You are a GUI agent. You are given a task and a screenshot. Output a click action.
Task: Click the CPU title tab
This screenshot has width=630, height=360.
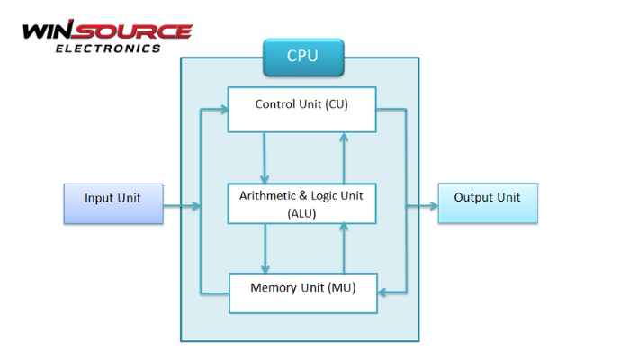pos(302,57)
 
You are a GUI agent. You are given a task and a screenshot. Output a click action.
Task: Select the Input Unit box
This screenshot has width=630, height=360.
pos(112,203)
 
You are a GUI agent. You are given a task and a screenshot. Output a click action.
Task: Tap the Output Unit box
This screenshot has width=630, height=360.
pos(487,202)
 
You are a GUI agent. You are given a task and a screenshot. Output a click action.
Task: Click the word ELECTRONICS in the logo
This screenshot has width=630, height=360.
pos(109,48)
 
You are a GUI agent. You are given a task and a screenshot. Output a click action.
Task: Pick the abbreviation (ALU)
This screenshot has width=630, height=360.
pos(301,213)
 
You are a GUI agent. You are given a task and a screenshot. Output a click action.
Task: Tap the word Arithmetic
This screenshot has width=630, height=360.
pos(267,195)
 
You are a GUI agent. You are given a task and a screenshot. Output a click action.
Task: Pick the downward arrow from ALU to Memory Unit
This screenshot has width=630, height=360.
pos(265,248)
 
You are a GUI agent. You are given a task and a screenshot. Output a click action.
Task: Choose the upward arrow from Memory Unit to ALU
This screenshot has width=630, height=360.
pos(343,248)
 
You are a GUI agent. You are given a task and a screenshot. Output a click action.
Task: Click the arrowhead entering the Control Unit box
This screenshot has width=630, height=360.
pos(222,109)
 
